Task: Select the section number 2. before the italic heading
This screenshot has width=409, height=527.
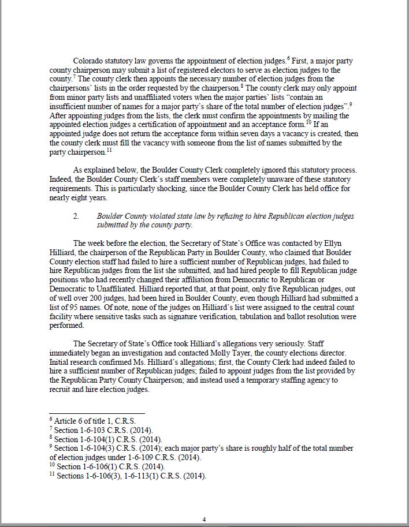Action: (76, 216)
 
